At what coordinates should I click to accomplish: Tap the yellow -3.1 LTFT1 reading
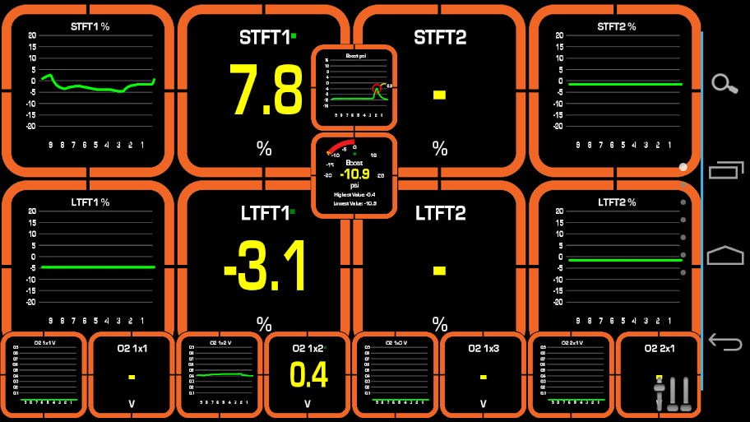[x=266, y=267]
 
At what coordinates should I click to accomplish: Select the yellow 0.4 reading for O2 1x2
[x=308, y=374]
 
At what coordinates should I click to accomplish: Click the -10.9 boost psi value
[x=354, y=174]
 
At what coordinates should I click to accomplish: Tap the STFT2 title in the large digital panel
[x=440, y=38]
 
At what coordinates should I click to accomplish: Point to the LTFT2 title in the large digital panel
[x=441, y=214]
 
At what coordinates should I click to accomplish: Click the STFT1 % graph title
[x=90, y=27]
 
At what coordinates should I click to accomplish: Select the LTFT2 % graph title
[x=617, y=202]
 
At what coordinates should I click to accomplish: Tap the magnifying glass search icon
[x=725, y=83]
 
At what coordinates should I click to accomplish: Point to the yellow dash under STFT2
[x=440, y=95]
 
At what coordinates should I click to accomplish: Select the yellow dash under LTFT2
[x=440, y=270]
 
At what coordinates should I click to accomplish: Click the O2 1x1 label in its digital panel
[x=132, y=349]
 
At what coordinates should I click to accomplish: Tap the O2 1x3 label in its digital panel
[x=484, y=349]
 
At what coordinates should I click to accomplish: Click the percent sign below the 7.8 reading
[x=264, y=148]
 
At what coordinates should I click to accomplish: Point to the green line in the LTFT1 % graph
[x=97, y=267]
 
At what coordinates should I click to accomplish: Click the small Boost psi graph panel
[x=354, y=86]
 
